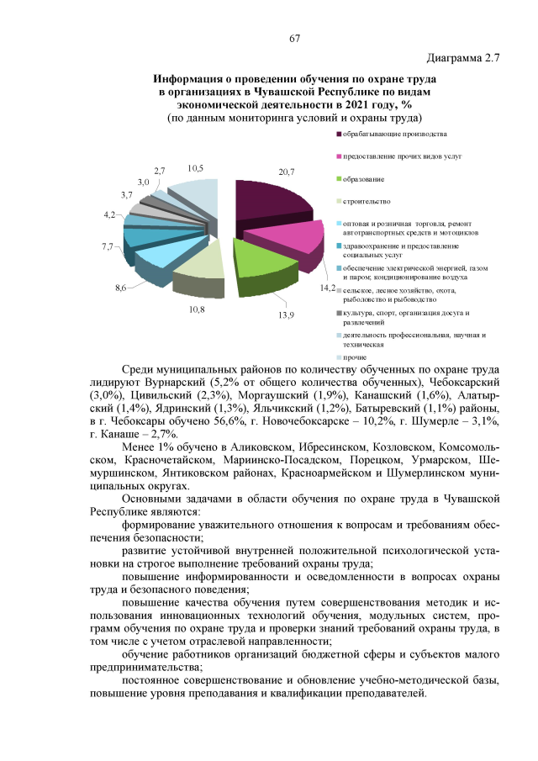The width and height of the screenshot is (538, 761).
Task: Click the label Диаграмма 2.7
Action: pos(463,59)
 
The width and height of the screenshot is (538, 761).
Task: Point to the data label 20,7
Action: pos(286,172)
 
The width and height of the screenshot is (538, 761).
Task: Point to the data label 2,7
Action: pos(159,171)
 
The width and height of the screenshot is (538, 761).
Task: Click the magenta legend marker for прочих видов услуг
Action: pos(339,157)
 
